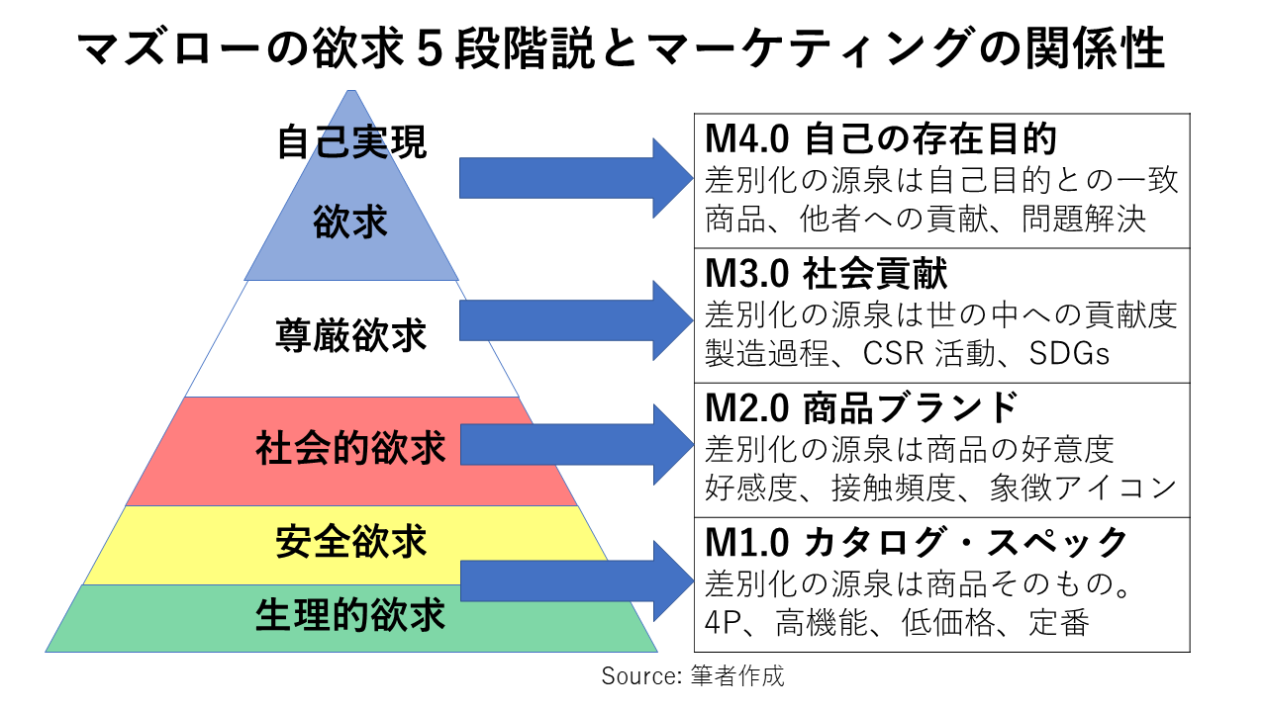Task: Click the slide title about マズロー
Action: point(621,48)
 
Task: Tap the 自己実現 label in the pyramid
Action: point(351,140)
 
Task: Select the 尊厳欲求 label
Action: point(351,336)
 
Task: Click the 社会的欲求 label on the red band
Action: point(351,448)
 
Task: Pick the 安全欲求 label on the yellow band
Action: point(351,543)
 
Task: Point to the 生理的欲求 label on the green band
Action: point(351,615)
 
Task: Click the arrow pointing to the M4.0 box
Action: point(574,178)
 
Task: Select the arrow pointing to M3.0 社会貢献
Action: point(574,319)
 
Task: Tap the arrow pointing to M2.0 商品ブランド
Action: point(574,444)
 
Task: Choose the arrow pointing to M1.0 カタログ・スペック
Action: point(574,580)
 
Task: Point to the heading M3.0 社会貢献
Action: point(826,274)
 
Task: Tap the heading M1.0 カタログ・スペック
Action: point(917,542)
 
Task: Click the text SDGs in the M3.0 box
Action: point(1070,353)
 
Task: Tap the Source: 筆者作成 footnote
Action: point(693,676)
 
